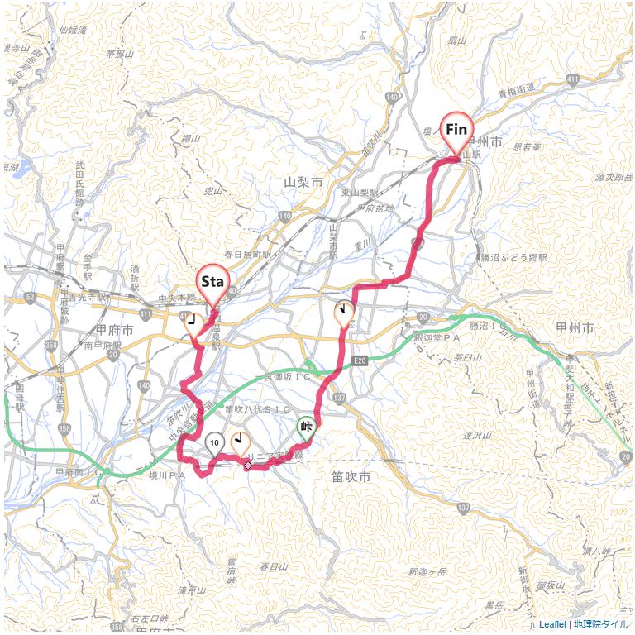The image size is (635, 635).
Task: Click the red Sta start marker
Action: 212,283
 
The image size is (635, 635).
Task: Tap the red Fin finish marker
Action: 456,130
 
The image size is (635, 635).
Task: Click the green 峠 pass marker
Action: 307,427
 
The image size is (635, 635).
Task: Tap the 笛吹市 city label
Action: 351,477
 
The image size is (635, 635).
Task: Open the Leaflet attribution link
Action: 553,624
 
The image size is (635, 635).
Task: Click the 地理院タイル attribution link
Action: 601,624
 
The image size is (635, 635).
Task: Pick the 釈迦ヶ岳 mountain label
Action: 427,572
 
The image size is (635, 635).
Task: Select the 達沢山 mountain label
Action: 478,436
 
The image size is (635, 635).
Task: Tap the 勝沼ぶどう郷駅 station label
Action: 515,258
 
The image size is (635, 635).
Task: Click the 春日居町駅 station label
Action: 247,255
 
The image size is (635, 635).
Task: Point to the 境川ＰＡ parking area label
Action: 166,475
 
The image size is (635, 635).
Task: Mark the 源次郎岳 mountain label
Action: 613,178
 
